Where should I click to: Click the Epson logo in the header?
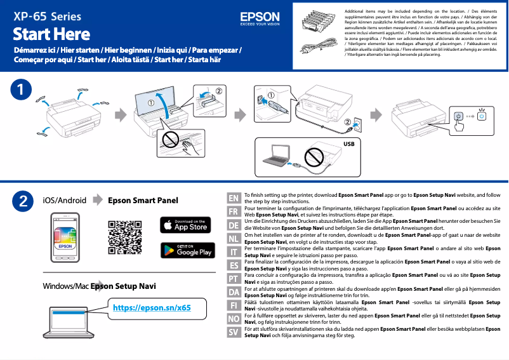260,18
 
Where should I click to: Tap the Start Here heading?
51,34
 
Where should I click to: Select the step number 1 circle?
23,90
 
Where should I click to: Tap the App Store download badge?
185,225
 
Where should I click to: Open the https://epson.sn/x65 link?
151,308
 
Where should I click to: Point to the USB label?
348,144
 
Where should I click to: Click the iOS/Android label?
64,201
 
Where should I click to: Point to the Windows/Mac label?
66,286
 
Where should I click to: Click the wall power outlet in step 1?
357,122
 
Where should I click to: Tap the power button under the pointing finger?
459,117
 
